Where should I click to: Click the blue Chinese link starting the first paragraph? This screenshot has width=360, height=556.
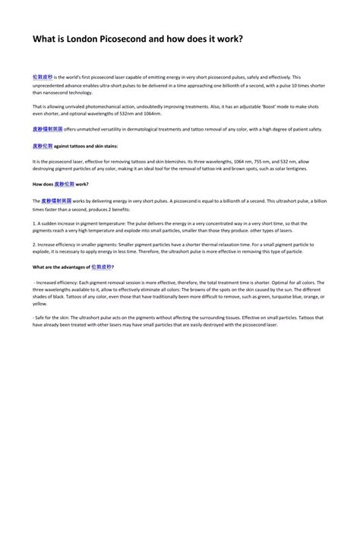(43, 77)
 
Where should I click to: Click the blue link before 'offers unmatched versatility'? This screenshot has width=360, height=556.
(48, 130)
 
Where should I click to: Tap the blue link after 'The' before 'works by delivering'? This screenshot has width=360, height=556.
(57, 201)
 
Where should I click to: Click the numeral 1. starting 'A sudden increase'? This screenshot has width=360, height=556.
(35, 223)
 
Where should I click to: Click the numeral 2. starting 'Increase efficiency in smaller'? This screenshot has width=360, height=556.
(35, 245)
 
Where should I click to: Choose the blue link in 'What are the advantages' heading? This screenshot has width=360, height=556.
(102, 267)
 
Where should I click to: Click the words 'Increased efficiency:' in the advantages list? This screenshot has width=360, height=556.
(56, 283)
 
